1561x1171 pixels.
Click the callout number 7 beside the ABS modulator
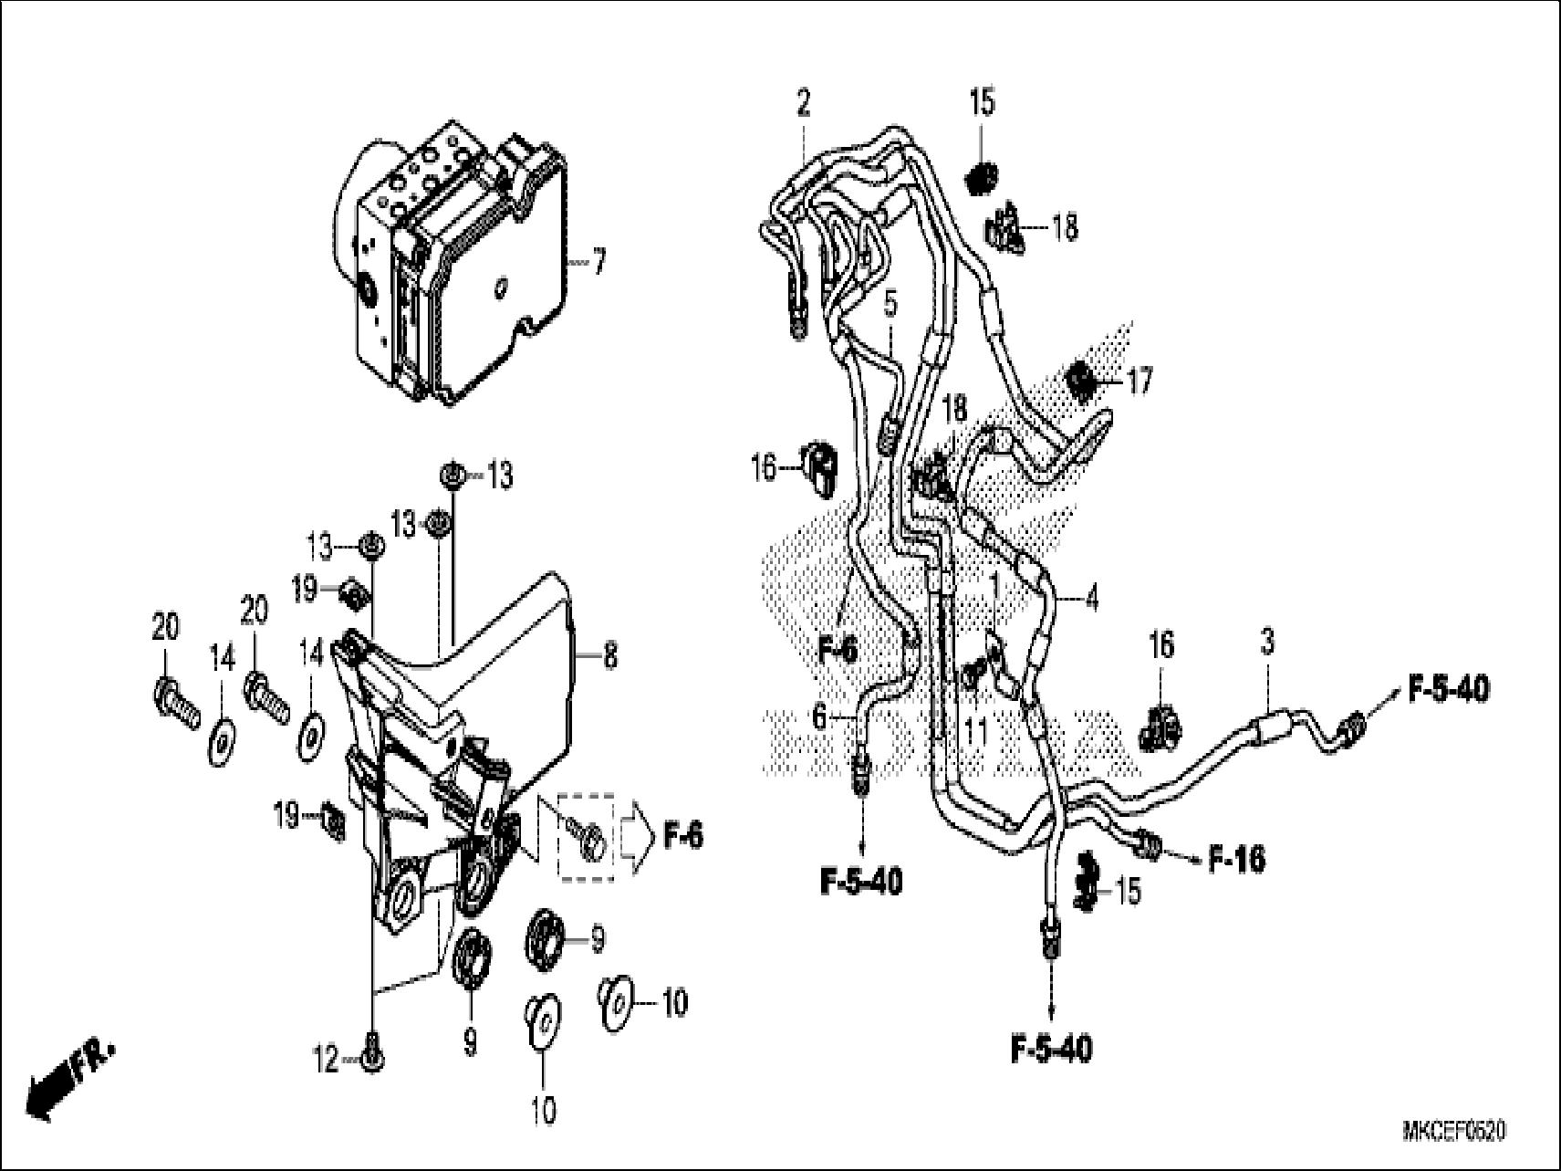pos(598,264)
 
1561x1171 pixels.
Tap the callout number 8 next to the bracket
pos(609,655)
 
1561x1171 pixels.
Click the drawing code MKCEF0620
pos(1453,1133)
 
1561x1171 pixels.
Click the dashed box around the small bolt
pos(587,837)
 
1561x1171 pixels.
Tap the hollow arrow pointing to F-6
pos(636,836)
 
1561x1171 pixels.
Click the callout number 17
pos(1140,381)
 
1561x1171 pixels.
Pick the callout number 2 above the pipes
pos(803,103)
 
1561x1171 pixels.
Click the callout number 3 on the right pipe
pos(1267,643)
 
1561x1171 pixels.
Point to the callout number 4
pos(1091,599)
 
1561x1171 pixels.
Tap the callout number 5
pos(890,304)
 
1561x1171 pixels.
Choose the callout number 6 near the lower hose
pos(820,717)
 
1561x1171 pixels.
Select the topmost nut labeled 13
pos(451,475)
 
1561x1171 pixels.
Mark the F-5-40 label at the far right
pos(1449,689)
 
